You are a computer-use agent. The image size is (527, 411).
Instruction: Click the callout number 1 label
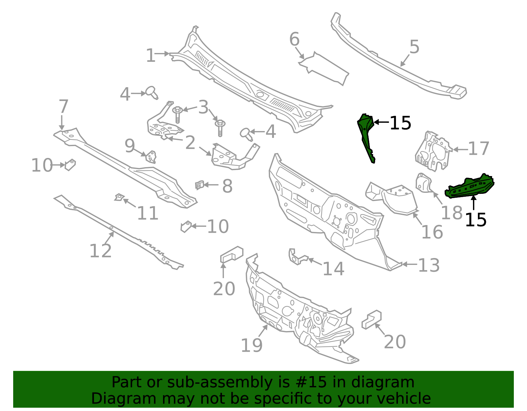[151, 55]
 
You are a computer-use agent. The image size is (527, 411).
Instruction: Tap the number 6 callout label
[294, 39]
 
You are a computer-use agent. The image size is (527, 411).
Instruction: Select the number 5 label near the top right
[414, 47]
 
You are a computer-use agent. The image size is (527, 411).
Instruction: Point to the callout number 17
[479, 149]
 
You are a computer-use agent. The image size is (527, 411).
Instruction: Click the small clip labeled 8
[199, 185]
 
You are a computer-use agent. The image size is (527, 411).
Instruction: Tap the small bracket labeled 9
[151, 157]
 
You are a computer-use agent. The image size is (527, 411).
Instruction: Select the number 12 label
[100, 251]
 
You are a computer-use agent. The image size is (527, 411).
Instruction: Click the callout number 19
[252, 346]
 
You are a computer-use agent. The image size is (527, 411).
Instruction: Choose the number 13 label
[429, 265]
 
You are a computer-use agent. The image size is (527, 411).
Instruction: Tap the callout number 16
[432, 232]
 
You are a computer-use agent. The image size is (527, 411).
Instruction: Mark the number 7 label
[63, 107]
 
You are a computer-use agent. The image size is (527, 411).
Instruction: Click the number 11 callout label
[148, 213]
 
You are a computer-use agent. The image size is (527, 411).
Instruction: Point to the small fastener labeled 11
[119, 197]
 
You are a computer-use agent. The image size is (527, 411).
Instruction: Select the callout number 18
[452, 213]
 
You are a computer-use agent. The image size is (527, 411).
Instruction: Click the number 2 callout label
[190, 143]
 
